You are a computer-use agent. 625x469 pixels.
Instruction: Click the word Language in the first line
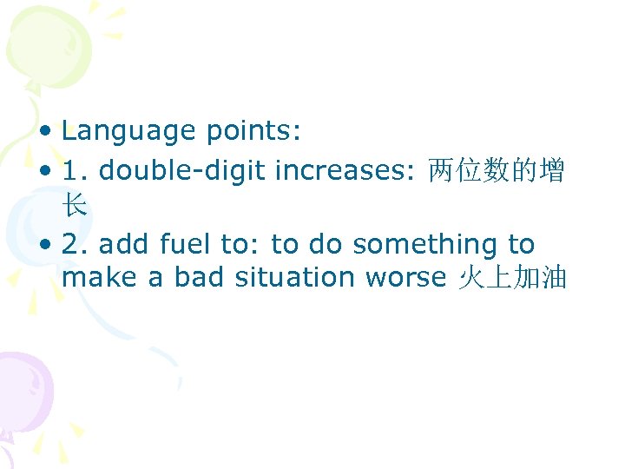pyautogui.click(x=128, y=131)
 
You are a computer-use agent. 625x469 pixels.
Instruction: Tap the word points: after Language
pyautogui.click(x=253, y=131)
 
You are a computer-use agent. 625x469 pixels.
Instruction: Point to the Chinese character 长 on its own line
pyautogui.click(x=75, y=205)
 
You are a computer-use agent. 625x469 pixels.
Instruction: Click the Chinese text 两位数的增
pyautogui.click(x=497, y=171)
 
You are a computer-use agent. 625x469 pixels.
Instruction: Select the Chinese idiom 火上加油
pyautogui.click(x=511, y=278)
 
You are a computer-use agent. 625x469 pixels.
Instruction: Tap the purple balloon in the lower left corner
pyautogui.click(x=22, y=386)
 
